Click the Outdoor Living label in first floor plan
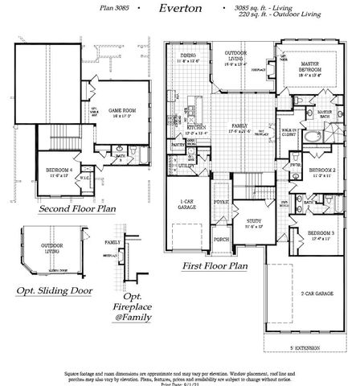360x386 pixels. pyautogui.click(x=235, y=55)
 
